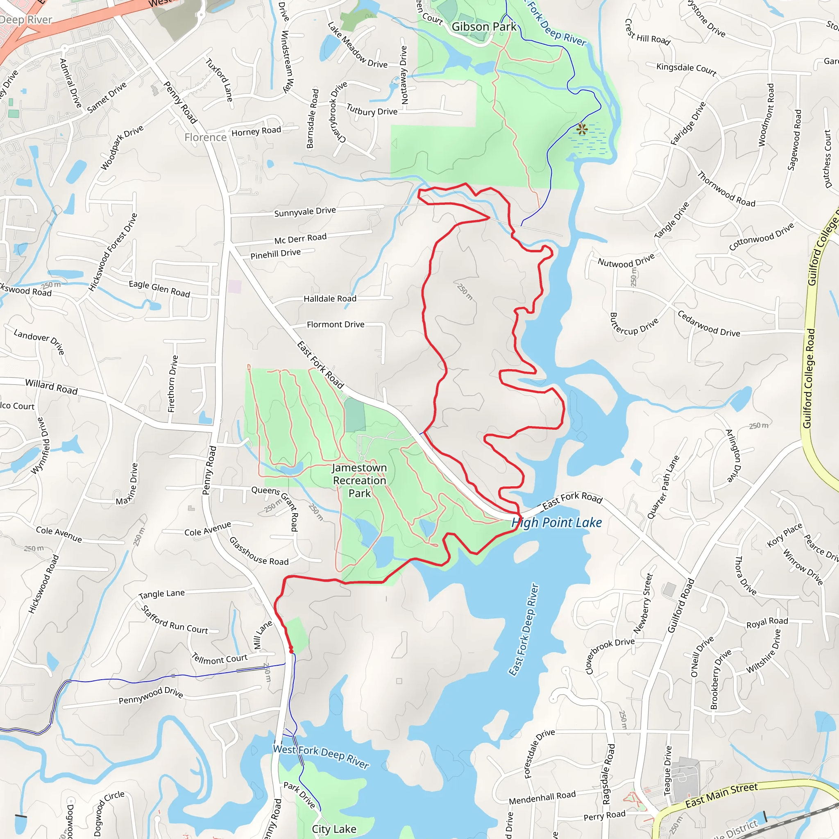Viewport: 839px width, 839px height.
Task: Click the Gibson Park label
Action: pos(484,27)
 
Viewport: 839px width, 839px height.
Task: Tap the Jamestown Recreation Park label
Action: pos(359,480)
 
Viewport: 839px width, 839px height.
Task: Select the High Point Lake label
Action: pos(557,522)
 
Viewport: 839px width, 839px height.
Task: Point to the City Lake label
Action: pos(334,829)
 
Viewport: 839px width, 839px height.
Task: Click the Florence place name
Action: pos(205,137)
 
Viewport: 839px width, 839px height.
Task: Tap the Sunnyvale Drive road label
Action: pos(305,211)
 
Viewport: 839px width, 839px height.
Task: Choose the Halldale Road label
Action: pos(330,299)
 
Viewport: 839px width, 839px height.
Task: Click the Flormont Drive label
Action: pos(335,324)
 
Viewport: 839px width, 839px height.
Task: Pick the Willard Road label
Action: pos(51,386)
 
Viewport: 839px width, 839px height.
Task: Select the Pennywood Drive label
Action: pos(151,695)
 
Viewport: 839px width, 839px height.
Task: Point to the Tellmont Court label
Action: pos(220,659)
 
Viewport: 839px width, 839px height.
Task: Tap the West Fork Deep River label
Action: pos(321,756)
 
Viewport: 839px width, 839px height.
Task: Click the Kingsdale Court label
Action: pos(686,69)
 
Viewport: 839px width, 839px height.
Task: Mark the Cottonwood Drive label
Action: pos(761,236)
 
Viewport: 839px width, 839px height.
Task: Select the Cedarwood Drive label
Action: pos(708,324)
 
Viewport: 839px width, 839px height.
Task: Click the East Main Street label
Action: pos(721,795)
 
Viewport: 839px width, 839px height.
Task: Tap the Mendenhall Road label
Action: pos(542,797)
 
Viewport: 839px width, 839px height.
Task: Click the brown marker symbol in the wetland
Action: pos(582,129)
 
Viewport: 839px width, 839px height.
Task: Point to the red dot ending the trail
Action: pos(291,650)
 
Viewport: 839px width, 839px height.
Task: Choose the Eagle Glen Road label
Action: pos(159,289)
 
